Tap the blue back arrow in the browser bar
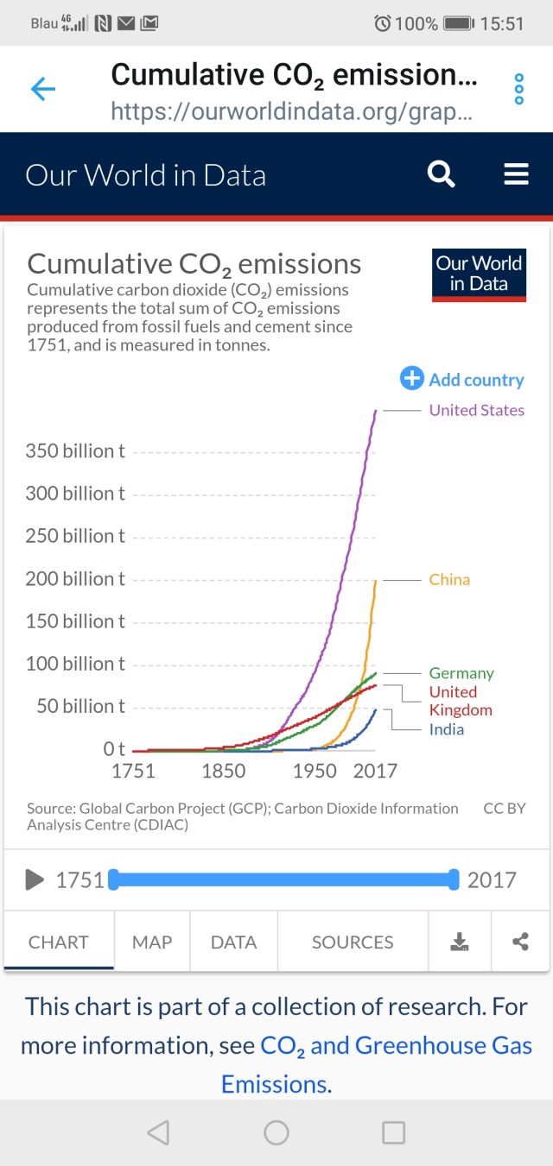[43, 89]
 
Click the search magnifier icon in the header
[442, 174]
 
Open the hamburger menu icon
[516, 174]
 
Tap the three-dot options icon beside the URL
[519, 89]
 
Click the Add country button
[462, 379]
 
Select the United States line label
[476, 410]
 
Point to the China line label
[449, 579]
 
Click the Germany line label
[461, 673]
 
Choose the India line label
[447, 729]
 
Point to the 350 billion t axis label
[75, 451]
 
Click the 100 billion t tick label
[75, 664]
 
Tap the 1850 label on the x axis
[224, 771]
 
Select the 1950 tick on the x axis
[315, 771]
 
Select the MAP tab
[152, 942]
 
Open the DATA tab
[233, 942]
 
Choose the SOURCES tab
[353, 942]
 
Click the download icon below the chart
[460, 942]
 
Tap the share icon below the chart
[520, 942]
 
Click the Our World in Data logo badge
[479, 274]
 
